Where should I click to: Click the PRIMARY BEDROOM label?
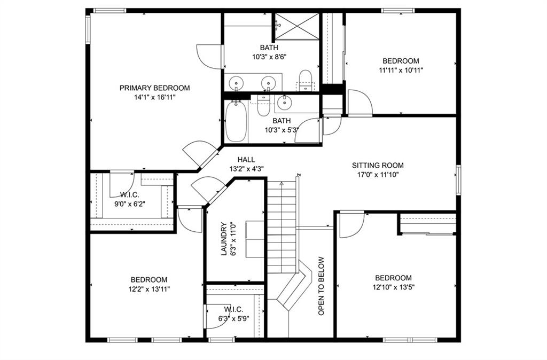(154, 88)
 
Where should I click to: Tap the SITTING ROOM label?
(378, 166)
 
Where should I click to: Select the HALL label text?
(246, 160)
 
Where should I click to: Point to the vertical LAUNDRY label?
(224, 239)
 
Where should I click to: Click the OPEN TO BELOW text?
(321, 286)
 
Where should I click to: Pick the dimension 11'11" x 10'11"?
(401, 70)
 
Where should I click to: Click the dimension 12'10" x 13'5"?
(393, 287)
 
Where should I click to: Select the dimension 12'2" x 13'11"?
(149, 289)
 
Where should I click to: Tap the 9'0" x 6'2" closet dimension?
(130, 204)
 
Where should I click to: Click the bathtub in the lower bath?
(236, 121)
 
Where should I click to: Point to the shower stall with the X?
(297, 27)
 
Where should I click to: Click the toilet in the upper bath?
(306, 80)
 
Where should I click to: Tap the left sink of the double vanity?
(236, 83)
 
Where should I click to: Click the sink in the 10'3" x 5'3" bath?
(285, 102)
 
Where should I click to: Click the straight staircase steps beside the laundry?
(282, 227)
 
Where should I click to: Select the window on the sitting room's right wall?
(458, 180)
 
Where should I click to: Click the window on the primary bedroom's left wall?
(88, 29)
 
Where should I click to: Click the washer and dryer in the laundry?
(255, 239)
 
